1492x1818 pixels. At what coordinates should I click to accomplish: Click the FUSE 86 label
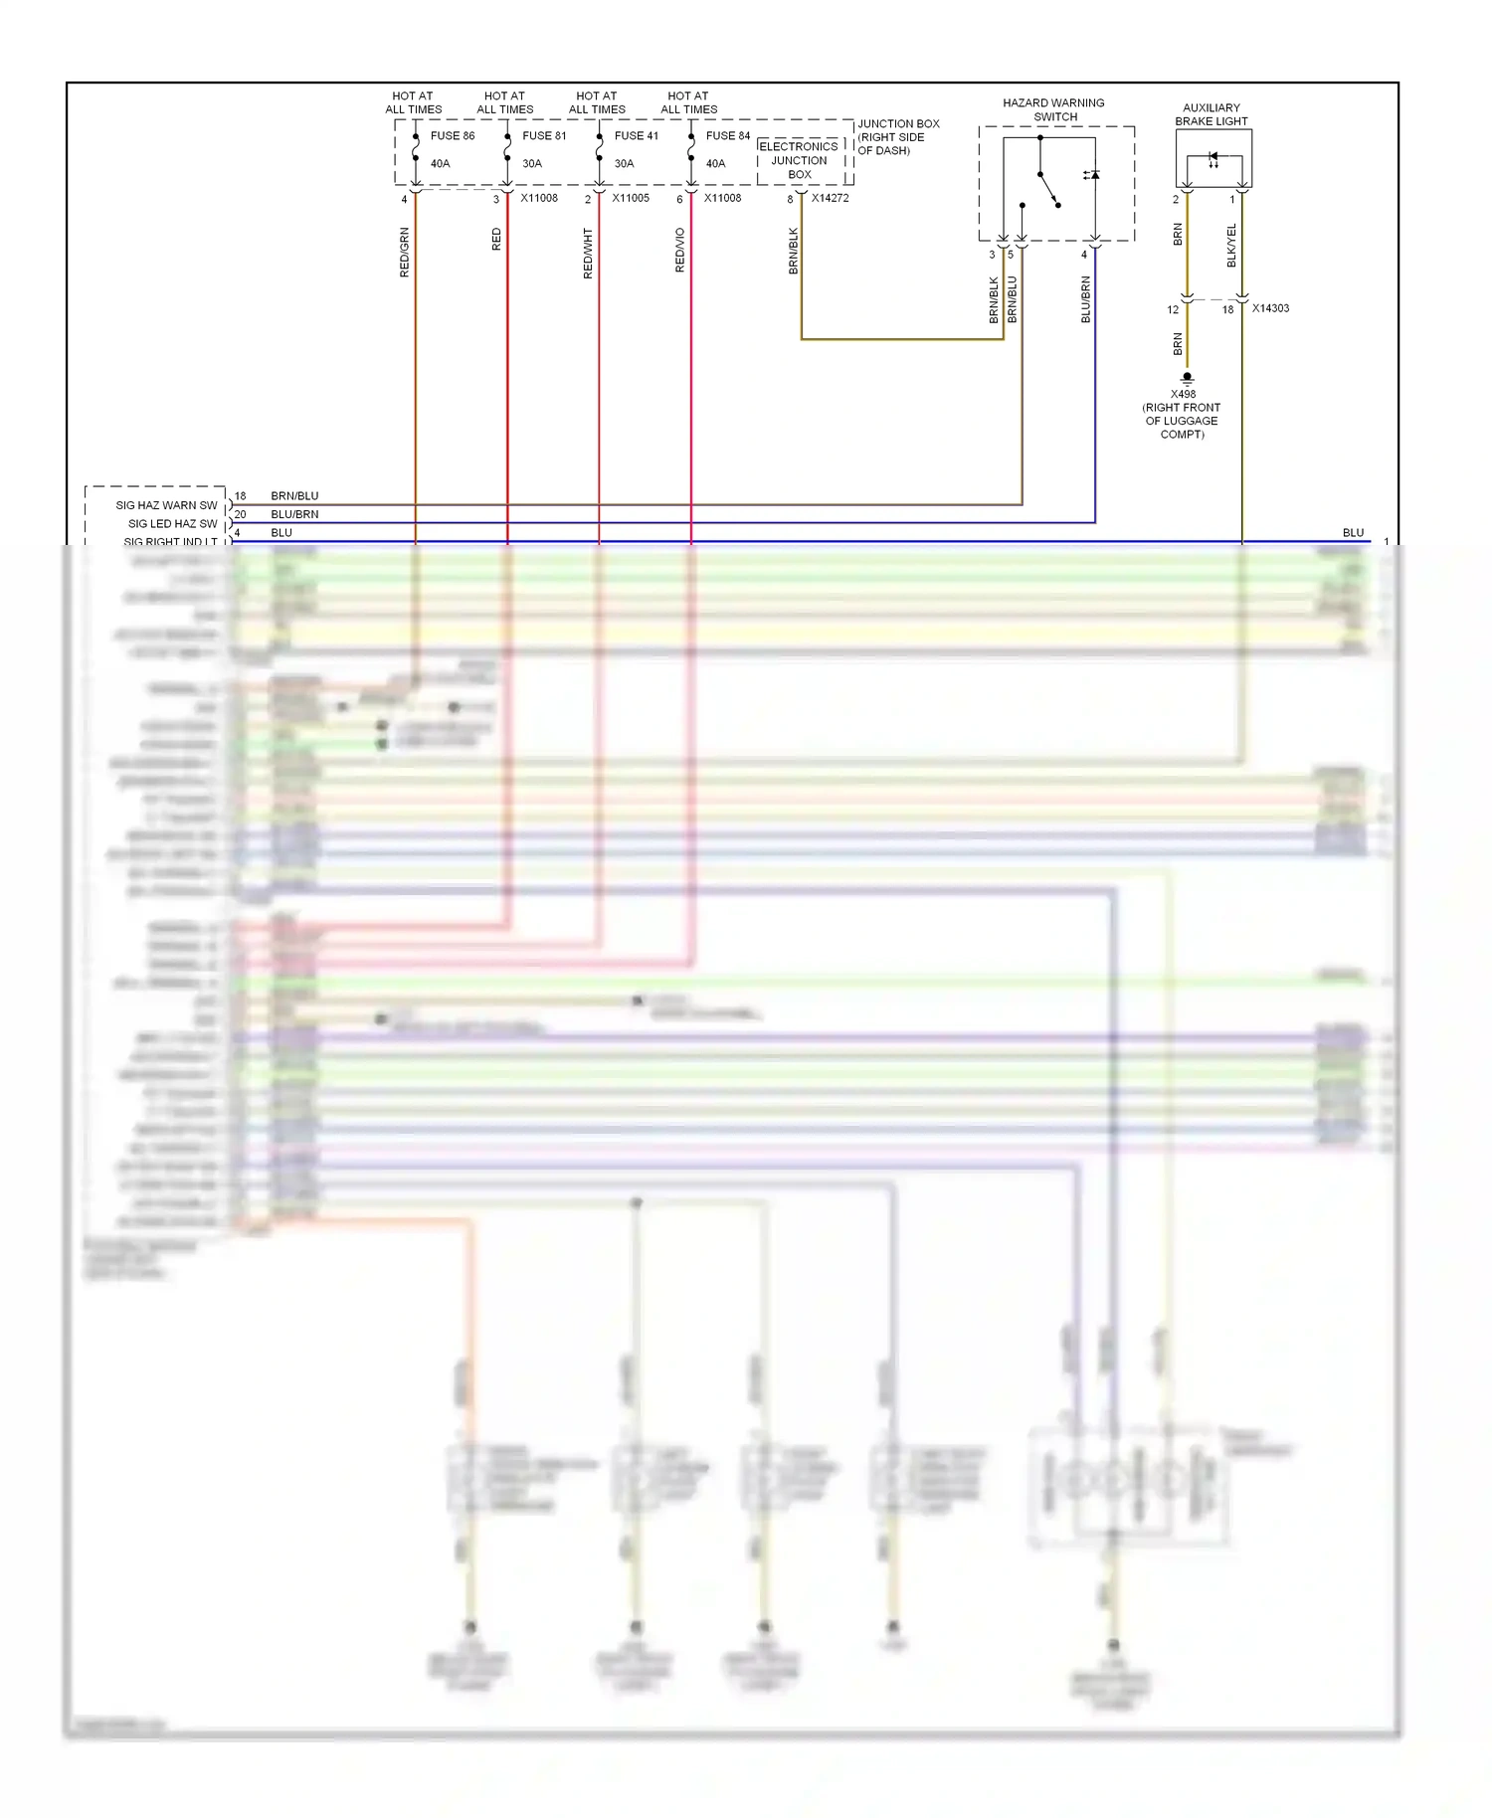click(452, 135)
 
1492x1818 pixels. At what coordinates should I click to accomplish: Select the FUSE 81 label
click(544, 135)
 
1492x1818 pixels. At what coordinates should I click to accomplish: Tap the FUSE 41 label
click(636, 135)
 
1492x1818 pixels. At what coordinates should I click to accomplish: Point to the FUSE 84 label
click(728, 135)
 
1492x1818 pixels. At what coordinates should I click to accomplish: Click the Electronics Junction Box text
click(799, 160)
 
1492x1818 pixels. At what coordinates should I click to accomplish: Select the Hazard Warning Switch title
click(1053, 109)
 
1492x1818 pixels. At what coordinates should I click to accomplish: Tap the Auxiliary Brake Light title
click(1211, 114)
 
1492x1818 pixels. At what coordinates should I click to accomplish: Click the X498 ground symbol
click(1187, 378)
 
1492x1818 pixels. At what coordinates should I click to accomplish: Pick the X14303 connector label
click(1270, 308)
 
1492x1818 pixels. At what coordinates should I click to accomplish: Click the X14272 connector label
click(830, 198)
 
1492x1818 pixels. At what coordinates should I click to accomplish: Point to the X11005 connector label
click(631, 198)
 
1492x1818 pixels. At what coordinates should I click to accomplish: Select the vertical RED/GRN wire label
click(405, 252)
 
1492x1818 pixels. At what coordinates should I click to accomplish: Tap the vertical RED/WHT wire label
click(588, 253)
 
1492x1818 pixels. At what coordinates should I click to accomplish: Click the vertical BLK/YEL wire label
click(1231, 245)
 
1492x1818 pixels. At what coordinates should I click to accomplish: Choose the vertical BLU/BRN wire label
click(1085, 298)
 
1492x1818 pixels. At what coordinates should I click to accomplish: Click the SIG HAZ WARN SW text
click(166, 505)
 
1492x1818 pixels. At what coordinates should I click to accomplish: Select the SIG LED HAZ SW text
click(172, 523)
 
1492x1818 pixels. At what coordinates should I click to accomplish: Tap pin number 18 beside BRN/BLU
click(240, 495)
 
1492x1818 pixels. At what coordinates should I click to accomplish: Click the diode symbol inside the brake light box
click(1212, 157)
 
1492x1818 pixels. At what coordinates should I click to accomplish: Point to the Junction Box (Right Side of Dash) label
click(897, 137)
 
